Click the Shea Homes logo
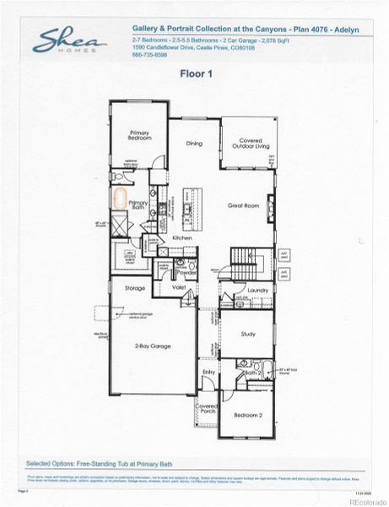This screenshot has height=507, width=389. pyautogui.click(x=70, y=40)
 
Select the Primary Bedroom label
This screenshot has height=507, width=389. pyautogui.click(x=139, y=135)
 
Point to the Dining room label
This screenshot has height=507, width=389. pyautogui.click(x=194, y=144)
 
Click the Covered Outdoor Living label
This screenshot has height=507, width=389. pyautogui.click(x=246, y=144)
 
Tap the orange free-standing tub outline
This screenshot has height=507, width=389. pyautogui.click(x=120, y=200)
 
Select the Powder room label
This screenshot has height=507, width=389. pyautogui.click(x=187, y=273)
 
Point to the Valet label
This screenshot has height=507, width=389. pyautogui.click(x=179, y=288)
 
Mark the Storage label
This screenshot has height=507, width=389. pyautogui.click(x=136, y=288)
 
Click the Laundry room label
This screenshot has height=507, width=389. pyautogui.click(x=257, y=292)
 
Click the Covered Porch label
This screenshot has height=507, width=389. pyautogui.click(x=208, y=408)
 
